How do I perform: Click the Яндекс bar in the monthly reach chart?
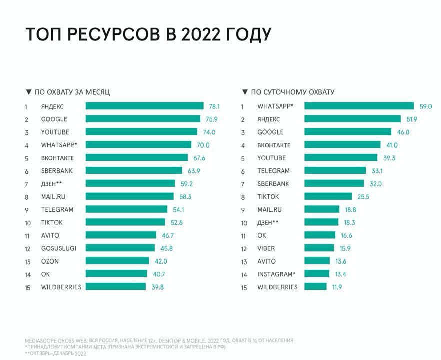(144, 106)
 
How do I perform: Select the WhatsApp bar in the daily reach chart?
(359, 106)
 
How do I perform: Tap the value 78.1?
(214, 106)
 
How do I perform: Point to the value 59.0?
(425, 106)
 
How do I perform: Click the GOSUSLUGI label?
(58, 248)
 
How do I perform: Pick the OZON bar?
(117, 261)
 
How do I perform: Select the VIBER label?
(266, 248)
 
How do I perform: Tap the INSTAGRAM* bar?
(317, 274)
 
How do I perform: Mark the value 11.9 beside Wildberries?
(336, 287)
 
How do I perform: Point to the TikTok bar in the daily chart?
(328, 196)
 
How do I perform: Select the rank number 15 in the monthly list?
(28, 287)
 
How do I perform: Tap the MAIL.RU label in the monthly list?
(53, 197)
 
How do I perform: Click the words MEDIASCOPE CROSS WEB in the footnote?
(56, 340)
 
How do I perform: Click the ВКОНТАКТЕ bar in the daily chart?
(342, 145)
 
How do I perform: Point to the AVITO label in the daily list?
(266, 261)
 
